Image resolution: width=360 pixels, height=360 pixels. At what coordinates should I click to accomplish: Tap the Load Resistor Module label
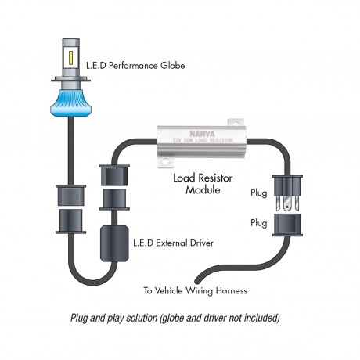tap(202, 183)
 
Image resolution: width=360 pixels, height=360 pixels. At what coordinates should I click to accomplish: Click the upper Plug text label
tap(259, 193)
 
